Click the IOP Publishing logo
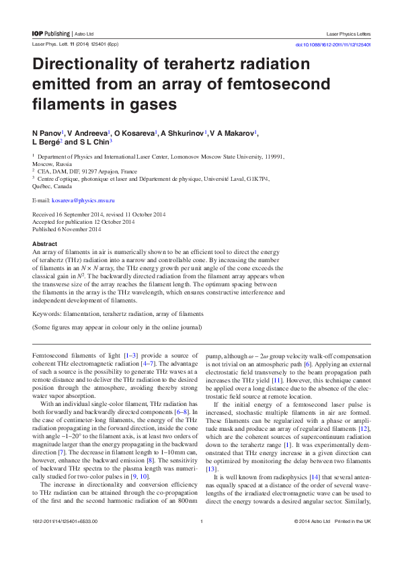pyautogui.click(x=51, y=33)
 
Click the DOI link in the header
pyautogui.click(x=333, y=45)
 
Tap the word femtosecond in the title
pyautogui.click(x=273, y=85)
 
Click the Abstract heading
pyautogui.click(x=44, y=243)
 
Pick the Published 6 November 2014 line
pyautogui.click(x=67, y=229)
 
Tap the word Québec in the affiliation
pyautogui.click(x=44, y=188)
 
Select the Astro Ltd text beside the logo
pyautogui.click(x=83, y=33)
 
